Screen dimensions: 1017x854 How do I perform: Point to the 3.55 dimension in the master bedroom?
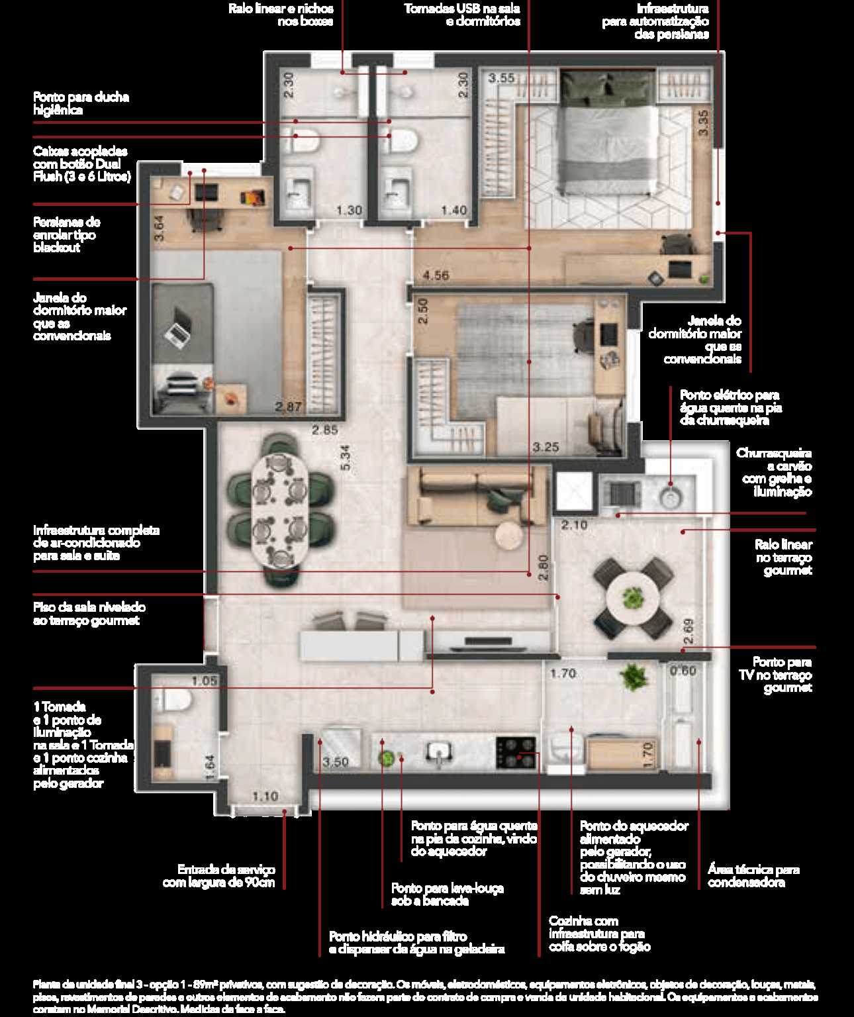coord(501,78)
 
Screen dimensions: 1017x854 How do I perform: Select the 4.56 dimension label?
coord(436,275)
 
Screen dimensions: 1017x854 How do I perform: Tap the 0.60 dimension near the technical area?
coord(683,671)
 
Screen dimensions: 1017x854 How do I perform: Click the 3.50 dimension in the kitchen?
coord(335,761)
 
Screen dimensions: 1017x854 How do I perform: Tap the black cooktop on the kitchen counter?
coord(516,753)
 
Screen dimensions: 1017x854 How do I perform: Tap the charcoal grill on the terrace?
coord(621,493)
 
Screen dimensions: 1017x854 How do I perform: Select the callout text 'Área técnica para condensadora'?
coord(753,875)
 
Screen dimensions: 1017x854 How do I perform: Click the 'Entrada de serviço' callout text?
coord(218,875)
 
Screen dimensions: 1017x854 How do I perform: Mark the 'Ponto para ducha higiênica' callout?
coord(81,103)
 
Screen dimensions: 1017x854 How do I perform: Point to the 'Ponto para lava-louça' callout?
coord(447,894)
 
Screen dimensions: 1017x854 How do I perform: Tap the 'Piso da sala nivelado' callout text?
coord(89,613)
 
